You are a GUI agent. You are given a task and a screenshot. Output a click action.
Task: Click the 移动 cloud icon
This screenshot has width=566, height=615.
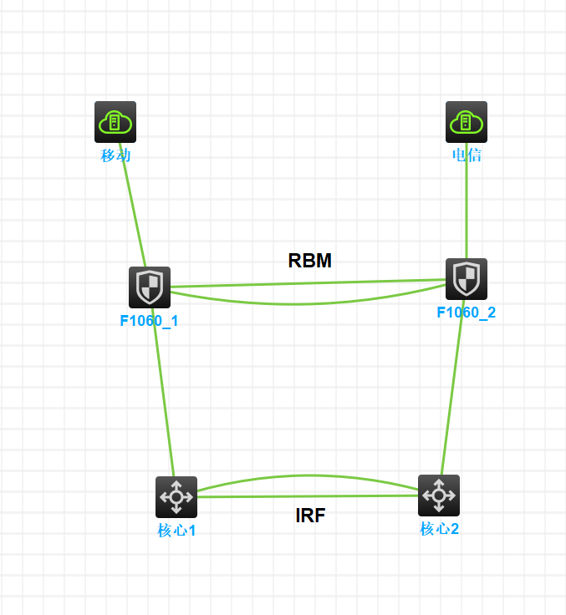pos(115,122)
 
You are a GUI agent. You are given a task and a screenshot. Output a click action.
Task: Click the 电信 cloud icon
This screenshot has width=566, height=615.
pos(466,122)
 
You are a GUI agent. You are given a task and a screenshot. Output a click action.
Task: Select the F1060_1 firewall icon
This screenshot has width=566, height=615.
pos(150,287)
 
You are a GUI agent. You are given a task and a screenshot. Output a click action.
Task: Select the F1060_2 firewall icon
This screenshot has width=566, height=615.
pos(467,279)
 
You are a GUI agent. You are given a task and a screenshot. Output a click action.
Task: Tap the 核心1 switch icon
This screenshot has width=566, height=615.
pos(176,497)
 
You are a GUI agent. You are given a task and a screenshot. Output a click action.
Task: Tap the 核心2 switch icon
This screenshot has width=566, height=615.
pos(439,496)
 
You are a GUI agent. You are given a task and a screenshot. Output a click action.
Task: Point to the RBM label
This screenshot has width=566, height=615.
pos(310,261)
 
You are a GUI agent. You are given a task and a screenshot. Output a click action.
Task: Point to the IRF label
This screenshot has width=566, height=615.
pos(310,516)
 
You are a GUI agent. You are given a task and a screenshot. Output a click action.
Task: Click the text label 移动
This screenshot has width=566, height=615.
pos(115,155)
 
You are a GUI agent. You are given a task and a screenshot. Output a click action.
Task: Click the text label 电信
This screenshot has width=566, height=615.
pos(467,155)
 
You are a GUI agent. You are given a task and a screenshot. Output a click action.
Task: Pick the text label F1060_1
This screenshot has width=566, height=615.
pos(150,320)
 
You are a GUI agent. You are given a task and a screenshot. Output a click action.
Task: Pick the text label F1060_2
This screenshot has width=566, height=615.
pos(467,313)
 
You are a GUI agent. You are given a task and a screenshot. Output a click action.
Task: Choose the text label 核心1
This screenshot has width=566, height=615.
pos(176,530)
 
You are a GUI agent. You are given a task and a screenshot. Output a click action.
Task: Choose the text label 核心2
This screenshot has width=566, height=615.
pos(439,528)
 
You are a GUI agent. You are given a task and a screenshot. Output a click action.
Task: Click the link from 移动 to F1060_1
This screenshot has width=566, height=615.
pos(134,209)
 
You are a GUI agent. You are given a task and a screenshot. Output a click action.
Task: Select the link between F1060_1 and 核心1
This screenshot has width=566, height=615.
pos(163,393)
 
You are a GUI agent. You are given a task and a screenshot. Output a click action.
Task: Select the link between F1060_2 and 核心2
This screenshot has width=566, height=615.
pos(452,389)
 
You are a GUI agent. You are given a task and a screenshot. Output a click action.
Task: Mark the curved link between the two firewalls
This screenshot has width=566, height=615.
pos(301,303)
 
